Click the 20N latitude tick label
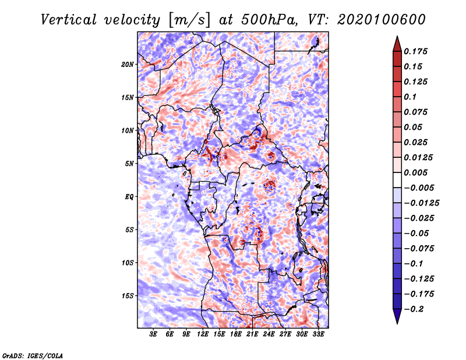(127, 65)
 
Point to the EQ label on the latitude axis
(129, 197)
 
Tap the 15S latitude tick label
(128, 296)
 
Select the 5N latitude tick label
(129, 164)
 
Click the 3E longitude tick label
(153, 334)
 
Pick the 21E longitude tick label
(252, 334)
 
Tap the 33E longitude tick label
(318, 334)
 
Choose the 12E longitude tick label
(203, 334)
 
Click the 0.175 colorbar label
(415, 51)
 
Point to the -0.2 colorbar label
(414, 309)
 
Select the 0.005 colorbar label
(415, 172)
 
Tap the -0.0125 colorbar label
(421, 203)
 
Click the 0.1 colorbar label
(410, 97)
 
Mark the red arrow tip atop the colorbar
(397, 37)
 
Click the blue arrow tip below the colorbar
(397, 323)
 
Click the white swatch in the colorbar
(397, 180)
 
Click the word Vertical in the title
(69, 20)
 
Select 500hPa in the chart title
(269, 20)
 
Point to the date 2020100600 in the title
(382, 20)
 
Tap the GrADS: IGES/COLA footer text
(33, 355)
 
